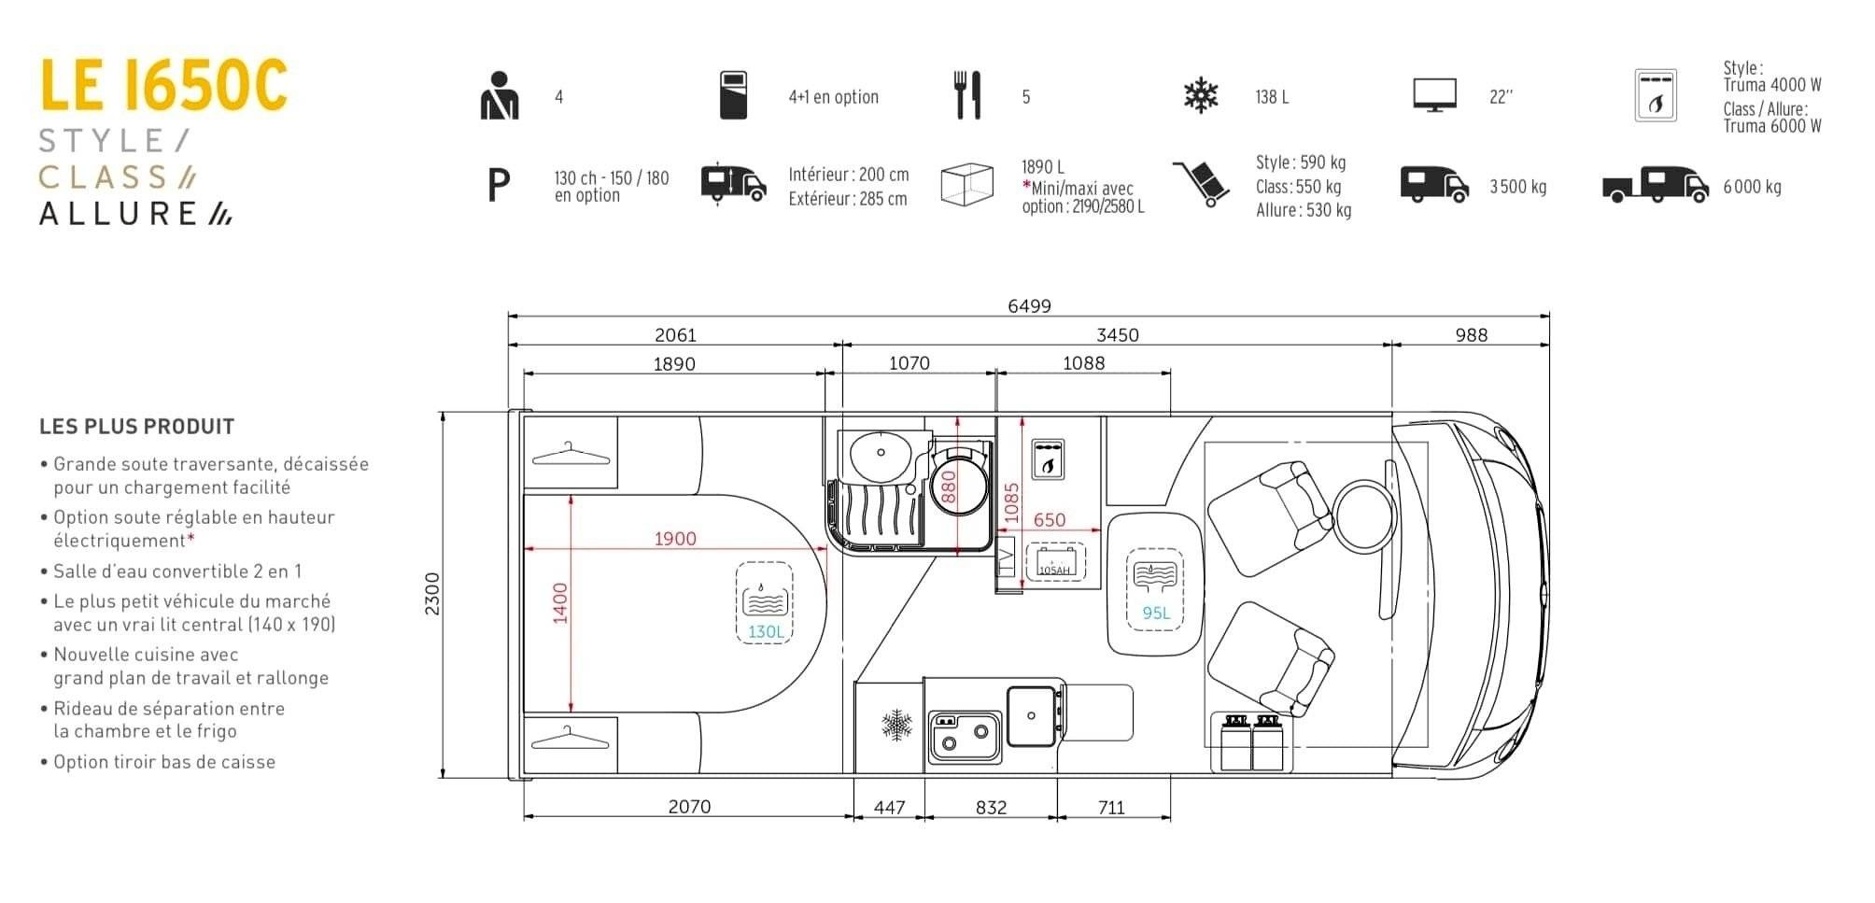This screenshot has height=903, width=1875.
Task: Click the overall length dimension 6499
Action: point(1029,305)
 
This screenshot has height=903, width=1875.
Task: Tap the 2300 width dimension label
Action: point(432,593)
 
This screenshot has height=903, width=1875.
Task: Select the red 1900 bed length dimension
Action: point(675,538)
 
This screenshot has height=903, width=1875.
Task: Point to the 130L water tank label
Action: point(766,631)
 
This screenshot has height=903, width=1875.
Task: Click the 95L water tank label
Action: point(1156,613)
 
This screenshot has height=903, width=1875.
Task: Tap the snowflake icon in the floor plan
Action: point(897,725)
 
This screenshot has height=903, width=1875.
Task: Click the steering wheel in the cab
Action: point(1365,517)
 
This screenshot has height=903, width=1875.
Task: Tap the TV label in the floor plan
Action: point(1006,560)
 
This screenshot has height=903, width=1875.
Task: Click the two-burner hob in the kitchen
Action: point(965,737)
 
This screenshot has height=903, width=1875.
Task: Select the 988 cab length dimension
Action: point(1471,335)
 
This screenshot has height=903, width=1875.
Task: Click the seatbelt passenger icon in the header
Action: point(499,95)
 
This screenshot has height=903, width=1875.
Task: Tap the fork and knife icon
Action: point(968,95)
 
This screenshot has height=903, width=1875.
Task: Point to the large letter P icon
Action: point(500,186)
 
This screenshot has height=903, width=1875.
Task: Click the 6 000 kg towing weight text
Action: point(1752,187)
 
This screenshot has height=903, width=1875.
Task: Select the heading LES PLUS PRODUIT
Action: point(136,427)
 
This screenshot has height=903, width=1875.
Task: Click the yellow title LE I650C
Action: point(163,85)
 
